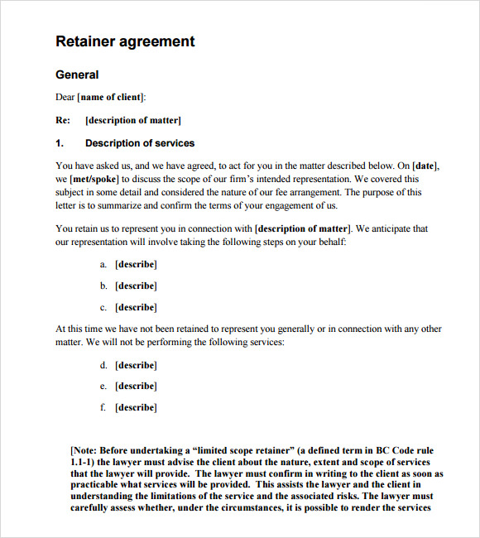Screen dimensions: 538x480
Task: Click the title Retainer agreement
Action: (x=125, y=41)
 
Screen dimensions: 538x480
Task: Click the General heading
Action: (x=77, y=74)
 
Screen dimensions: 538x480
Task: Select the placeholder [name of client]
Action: (x=110, y=98)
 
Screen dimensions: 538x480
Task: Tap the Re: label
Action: (x=63, y=120)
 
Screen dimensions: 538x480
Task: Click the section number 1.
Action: (x=60, y=143)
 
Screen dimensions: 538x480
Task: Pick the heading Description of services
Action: (x=140, y=143)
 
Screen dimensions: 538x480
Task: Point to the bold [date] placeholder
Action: (x=425, y=166)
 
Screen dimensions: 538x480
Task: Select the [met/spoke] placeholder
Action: (x=94, y=179)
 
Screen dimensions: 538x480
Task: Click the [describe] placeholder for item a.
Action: (x=136, y=265)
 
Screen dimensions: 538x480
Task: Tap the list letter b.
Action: (x=103, y=286)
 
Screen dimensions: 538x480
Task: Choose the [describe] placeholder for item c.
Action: (x=136, y=308)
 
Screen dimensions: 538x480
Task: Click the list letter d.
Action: (x=103, y=365)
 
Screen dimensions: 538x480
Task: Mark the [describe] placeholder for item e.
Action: (x=136, y=387)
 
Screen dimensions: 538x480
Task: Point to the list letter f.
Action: (x=103, y=408)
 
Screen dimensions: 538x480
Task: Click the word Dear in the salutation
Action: (x=65, y=98)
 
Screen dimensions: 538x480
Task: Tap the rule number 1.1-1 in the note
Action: (x=84, y=462)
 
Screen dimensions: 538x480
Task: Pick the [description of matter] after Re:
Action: (x=133, y=120)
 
